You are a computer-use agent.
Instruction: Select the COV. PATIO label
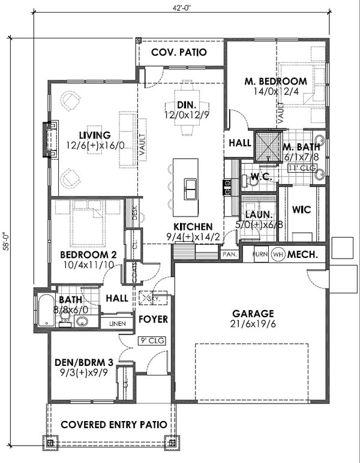click(179, 52)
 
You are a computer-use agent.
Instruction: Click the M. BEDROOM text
click(275, 82)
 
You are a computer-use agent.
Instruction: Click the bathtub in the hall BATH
click(45, 310)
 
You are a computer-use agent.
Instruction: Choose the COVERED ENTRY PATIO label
click(113, 424)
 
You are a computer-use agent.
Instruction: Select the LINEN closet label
click(116, 324)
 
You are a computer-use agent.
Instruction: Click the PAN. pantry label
click(229, 254)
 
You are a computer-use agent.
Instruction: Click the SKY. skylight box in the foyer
click(148, 297)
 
